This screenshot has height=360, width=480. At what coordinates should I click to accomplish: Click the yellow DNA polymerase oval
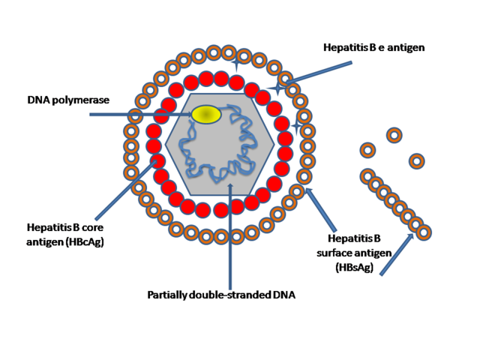coord(206,114)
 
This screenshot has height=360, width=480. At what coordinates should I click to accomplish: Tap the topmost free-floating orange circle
coord(394,135)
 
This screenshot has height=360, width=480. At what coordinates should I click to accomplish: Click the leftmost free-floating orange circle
coord(367,150)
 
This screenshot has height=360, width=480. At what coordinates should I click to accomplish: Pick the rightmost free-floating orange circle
coord(416,160)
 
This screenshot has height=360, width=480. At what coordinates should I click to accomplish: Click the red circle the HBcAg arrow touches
coord(157,160)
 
